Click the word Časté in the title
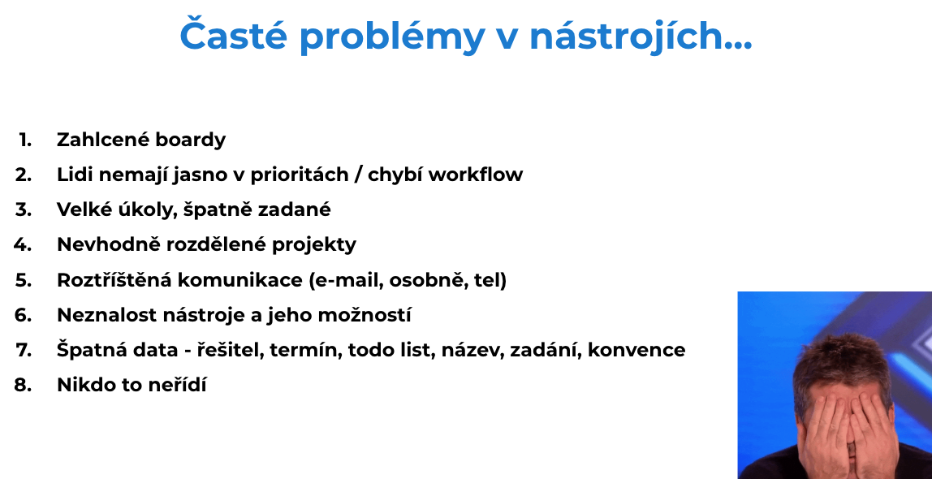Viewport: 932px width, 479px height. point(233,35)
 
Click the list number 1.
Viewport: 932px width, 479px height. point(25,140)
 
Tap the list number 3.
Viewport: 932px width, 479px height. point(24,209)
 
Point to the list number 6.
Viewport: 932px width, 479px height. point(24,315)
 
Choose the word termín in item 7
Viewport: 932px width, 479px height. point(306,349)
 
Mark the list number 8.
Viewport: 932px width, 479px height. point(24,385)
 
